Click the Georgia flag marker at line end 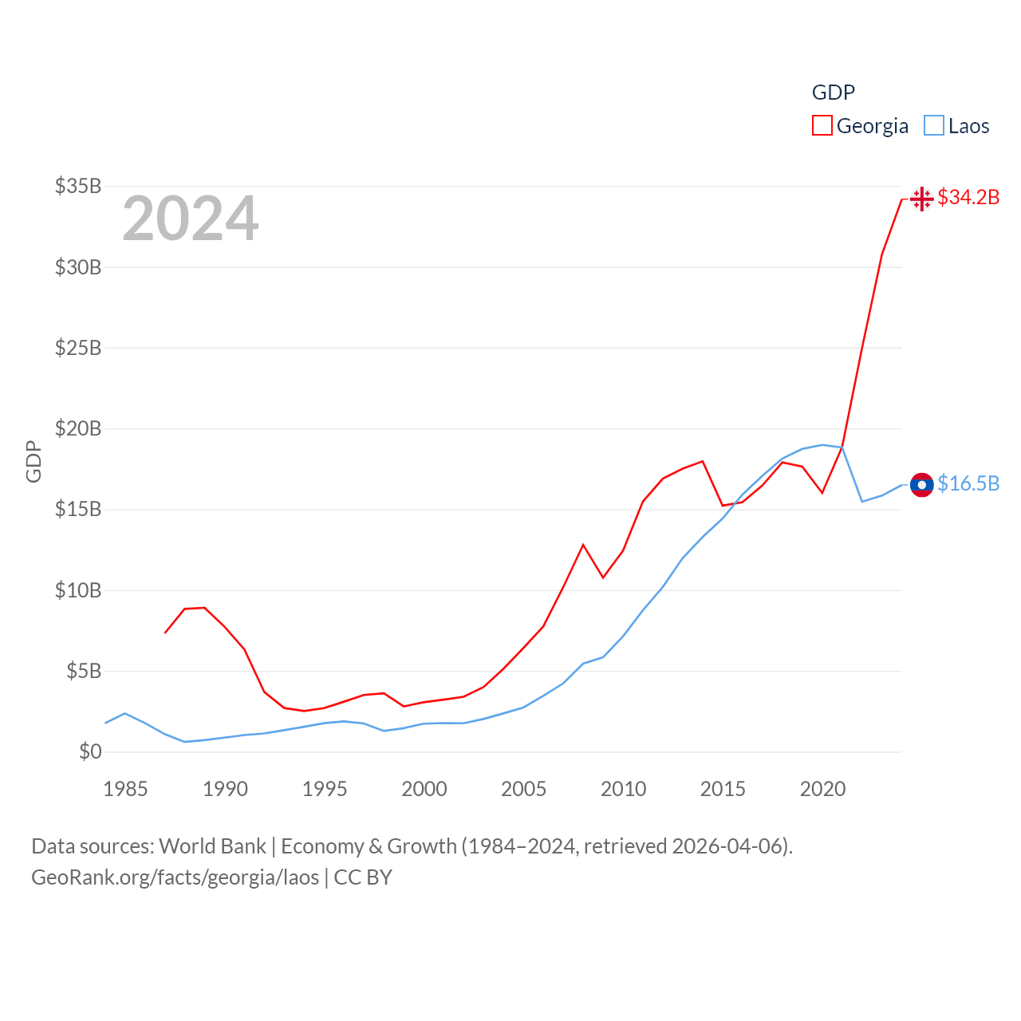pos(921,199)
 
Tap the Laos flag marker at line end pos(921,484)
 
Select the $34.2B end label pos(968,197)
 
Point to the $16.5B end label pos(968,483)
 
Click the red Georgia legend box pos(822,126)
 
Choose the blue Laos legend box pos(933,126)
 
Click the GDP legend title pos(833,93)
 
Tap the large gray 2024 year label pos(190,219)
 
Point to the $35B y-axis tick pos(78,186)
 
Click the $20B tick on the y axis pos(78,428)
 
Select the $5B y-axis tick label pos(84,671)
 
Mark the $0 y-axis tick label pos(90,751)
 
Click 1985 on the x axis pos(125,789)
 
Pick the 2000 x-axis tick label pos(424,789)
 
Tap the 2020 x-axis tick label pos(822,789)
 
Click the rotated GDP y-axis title pos(34,461)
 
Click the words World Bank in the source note pos(212,846)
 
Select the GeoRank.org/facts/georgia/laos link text pos(175,877)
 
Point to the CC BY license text pos(363,877)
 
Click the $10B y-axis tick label pos(78,590)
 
